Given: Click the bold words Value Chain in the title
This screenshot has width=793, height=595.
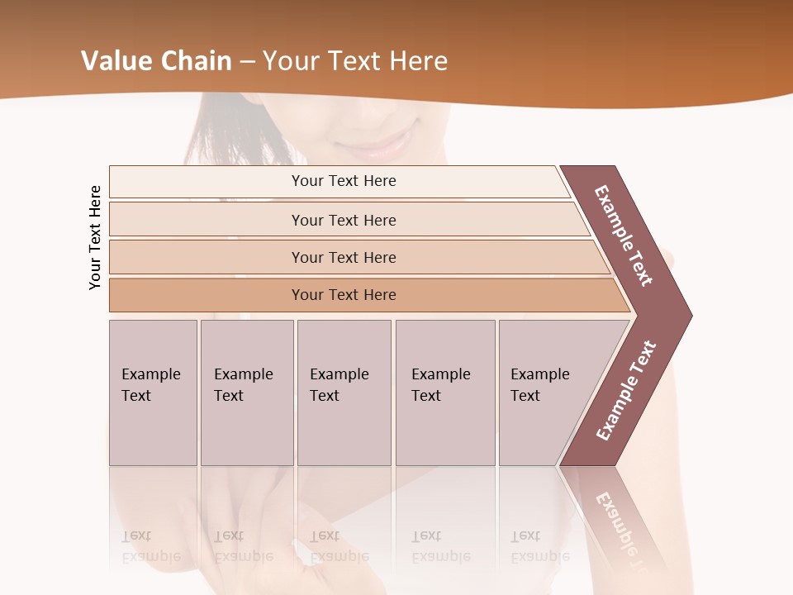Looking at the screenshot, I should (156, 61).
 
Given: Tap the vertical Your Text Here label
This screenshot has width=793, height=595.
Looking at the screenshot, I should (95, 238).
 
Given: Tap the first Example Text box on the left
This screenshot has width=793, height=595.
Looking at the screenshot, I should (153, 393).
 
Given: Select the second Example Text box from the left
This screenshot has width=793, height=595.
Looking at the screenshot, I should (247, 393).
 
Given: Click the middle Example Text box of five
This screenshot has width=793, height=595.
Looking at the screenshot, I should (344, 393).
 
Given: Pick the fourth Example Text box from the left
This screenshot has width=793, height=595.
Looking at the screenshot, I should (445, 393).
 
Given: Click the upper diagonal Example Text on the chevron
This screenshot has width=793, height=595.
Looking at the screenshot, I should (624, 236).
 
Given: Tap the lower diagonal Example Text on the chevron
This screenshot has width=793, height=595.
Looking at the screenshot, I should (626, 390).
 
